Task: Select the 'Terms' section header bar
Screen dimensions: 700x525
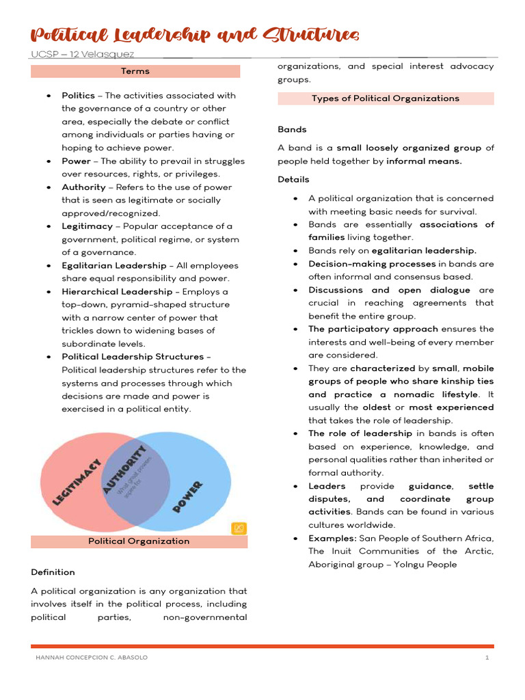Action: click(x=135, y=71)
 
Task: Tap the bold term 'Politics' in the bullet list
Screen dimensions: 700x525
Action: click(x=78, y=96)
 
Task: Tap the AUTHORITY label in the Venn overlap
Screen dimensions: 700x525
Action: click(x=124, y=470)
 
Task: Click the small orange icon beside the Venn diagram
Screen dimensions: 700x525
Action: click(x=239, y=528)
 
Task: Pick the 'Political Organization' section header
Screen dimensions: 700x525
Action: click(x=139, y=541)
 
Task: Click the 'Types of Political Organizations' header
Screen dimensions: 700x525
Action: click(x=386, y=98)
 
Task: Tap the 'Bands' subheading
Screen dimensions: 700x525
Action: click(x=292, y=129)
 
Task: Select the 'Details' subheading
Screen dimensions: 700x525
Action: click(x=293, y=179)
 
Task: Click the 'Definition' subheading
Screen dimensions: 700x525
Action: click(x=53, y=572)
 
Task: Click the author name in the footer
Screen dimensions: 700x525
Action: click(x=91, y=658)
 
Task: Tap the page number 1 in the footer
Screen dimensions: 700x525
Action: click(x=487, y=658)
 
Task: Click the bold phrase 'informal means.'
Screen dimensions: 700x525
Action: click(x=424, y=161)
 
